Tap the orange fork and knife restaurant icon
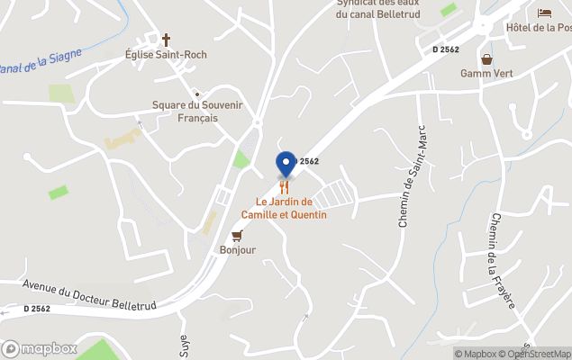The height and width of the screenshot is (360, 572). point(284,186)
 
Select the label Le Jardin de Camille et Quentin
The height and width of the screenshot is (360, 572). point(284,208)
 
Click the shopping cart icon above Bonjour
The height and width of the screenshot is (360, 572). point(237,235)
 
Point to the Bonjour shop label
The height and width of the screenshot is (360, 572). point(238,249)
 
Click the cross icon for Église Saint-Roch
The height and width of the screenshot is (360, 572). point(166,40)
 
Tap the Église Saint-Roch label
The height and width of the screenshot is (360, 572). point(166,55)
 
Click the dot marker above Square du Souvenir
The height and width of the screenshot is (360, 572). point(195,92)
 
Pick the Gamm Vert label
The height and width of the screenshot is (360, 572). point(486,74)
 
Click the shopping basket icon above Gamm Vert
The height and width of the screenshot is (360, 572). point(486,59)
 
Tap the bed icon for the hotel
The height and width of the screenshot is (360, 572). point(544,13)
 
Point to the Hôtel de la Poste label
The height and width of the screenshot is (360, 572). point(539,27)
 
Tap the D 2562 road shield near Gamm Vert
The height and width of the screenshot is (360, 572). point(447,49)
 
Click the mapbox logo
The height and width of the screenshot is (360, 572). point(40,348)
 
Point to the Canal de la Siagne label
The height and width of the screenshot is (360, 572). point(41,61)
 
